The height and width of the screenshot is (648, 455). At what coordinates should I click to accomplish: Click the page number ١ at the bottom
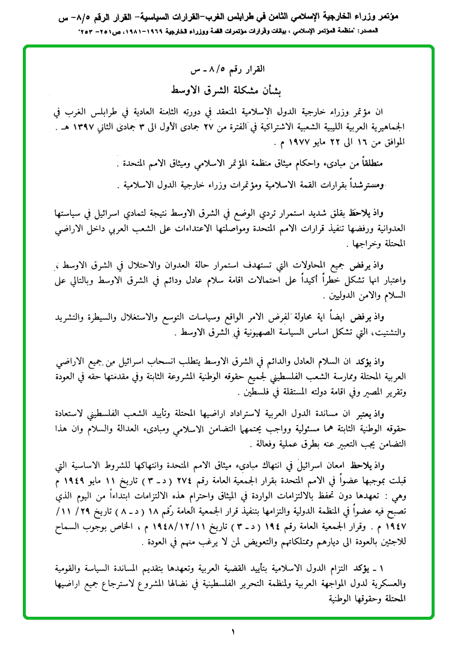click(232, 632)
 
